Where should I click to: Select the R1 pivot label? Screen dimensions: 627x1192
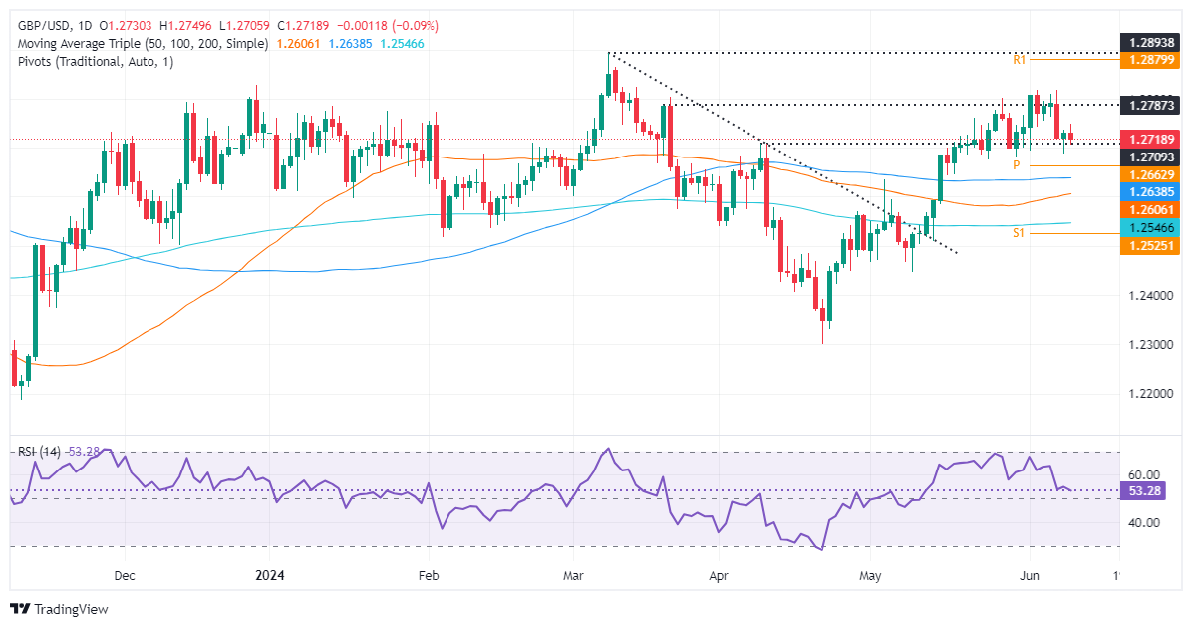pos(1020,61)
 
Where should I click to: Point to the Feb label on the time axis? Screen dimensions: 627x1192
pos(428,576)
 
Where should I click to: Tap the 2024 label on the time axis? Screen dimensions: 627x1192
pos(271,576)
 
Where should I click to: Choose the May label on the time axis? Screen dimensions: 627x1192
pos(872,576)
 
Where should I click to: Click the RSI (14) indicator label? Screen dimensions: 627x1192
pos(40,452)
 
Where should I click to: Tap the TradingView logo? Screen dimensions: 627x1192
pos(60,608)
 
